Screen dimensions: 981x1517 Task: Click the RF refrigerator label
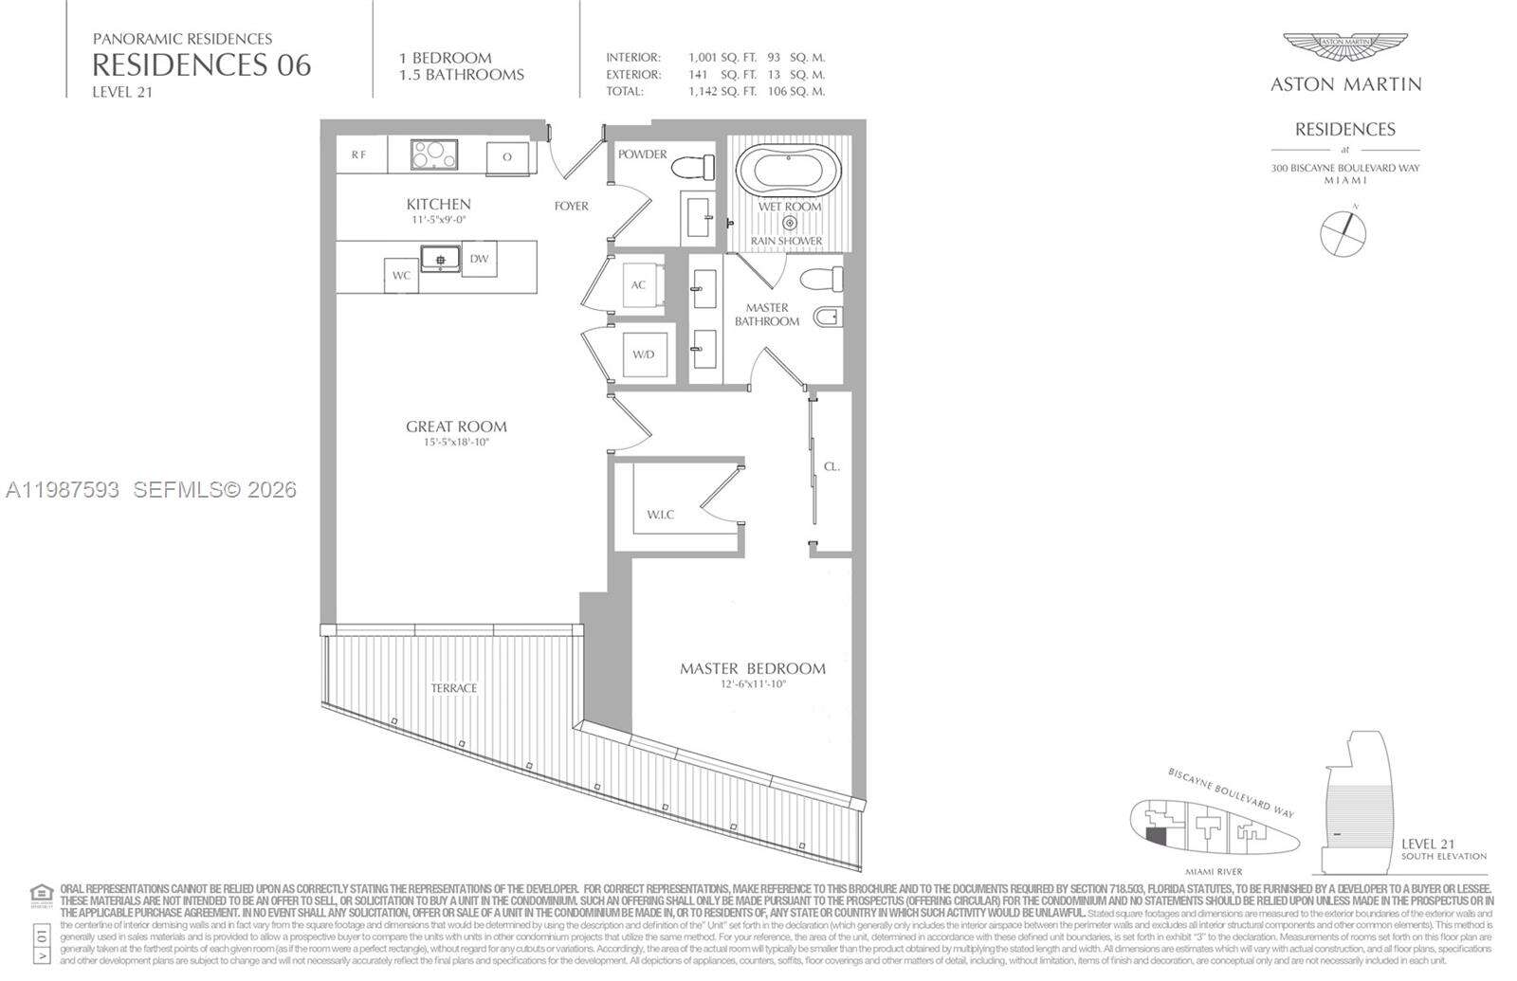click(x=359, y=155)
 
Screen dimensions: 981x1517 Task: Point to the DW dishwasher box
click(x=479, y=258)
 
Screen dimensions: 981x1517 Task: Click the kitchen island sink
click(x=440, y=257)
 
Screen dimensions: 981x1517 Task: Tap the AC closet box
click(x=639, y=284)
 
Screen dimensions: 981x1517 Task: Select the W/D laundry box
click(x=644, y=354)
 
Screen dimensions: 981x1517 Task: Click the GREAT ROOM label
click(x=456, y=427)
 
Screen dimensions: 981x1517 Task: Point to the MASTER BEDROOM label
click(x=752, y=668)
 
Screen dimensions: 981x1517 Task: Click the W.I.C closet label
click(x=660, y=515)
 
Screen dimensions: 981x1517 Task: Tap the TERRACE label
click(x=453, y=688)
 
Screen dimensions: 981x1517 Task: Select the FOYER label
click(x=571, y=206)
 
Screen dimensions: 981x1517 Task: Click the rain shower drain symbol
click(x=789, y=224)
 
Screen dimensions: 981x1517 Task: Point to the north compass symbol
click(x=1343, y=230)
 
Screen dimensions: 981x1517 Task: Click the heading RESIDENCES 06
click(x=201, y=64)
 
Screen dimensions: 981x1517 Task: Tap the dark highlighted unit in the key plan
click(x=1155, y=836)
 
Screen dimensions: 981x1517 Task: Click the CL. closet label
click(x=832, y=466)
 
